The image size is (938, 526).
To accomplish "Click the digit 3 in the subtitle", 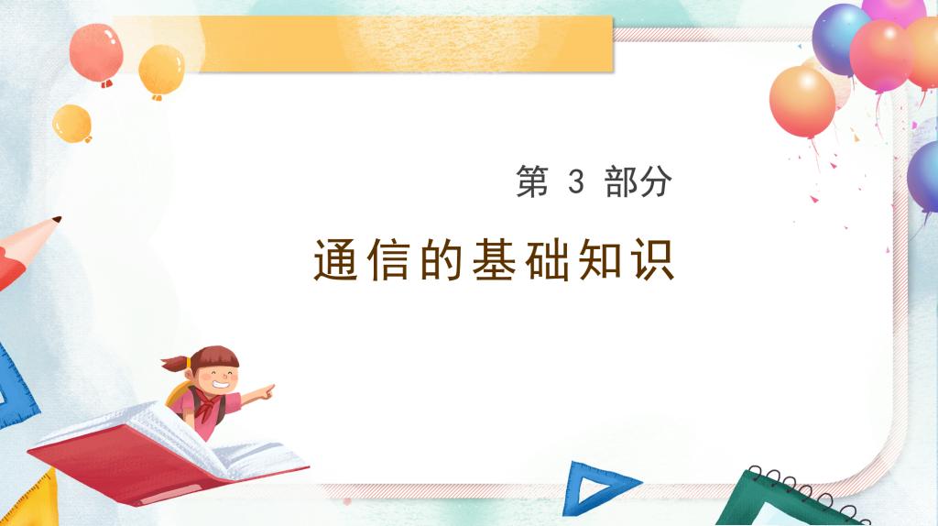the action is (x=575, y=181).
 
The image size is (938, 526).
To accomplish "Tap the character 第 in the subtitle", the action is (x=532, y=181).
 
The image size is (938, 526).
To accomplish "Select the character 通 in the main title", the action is (x=336, y=260).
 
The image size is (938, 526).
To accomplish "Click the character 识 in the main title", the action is (x=653, y=260).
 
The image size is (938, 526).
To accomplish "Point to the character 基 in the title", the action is (x=494, y=260).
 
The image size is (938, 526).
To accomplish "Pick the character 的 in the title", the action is (x=442, y=260).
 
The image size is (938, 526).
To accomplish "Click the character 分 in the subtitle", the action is (x=656, y=181).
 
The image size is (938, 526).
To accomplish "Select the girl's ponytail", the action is (x=175, y=363).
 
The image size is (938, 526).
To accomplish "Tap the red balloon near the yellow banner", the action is (x=96, y=52).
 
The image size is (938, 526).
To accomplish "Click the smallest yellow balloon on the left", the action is (x=71, y=124).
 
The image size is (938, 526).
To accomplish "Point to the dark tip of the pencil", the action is (x=57, y=220).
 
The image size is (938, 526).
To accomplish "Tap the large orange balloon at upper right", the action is (x=802, y=102).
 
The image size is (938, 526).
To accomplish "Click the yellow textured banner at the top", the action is (x=383, y=44).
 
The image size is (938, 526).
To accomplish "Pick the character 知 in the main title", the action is (x=600, y=260).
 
